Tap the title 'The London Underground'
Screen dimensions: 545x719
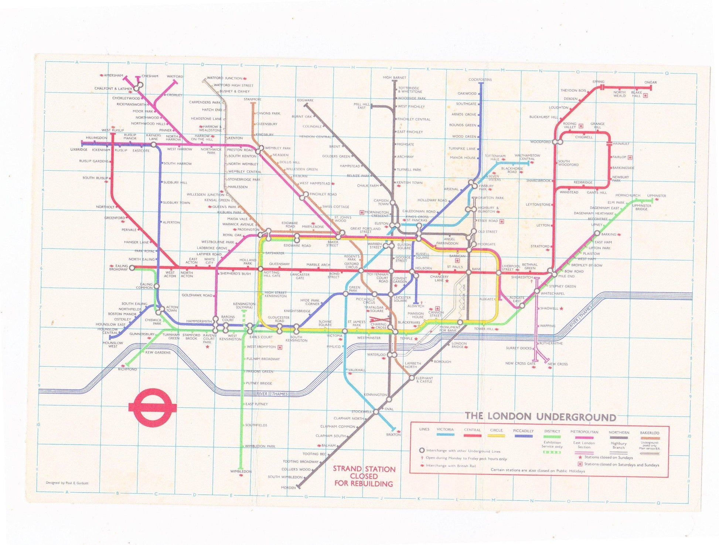pos(540,417)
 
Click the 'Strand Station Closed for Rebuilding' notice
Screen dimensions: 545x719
pos(364,476)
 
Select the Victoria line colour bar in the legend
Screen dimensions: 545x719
pos(445,435)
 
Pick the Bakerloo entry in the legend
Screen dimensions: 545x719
pos(650,433)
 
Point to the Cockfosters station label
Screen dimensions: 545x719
pos(480,79)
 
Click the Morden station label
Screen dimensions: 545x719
pos(288,487)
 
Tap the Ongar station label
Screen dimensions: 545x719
pos(650,82)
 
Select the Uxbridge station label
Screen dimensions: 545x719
pos(79,150)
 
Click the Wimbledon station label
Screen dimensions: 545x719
pos(241,472)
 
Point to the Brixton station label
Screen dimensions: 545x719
pos(393,435)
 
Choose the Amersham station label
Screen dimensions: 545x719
pos(113,75)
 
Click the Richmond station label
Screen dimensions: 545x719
pos(127,369)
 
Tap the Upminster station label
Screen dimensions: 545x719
pos(656,196)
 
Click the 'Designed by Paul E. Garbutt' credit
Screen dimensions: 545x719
pos(67,483)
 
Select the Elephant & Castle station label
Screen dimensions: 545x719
pos(424,380)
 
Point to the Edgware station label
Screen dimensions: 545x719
pos(305,100)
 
